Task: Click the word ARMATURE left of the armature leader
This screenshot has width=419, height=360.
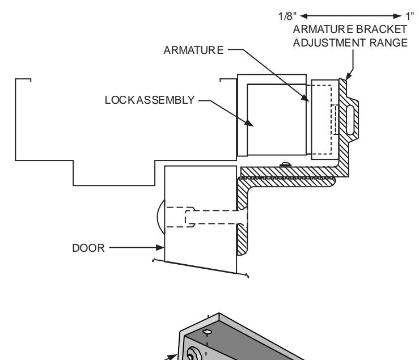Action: (x=193, y=50)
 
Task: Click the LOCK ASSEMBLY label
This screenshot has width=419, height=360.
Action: (x=150, y=100)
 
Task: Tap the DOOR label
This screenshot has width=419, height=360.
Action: (x=88, y=248)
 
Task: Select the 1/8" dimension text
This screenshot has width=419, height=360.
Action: (x=287, y=16)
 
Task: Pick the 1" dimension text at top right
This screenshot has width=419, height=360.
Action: (x=410, y=16)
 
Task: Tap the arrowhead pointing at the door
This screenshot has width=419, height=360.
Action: (x=159, y=248)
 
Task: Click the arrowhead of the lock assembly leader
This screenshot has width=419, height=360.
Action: (x=249, y=123)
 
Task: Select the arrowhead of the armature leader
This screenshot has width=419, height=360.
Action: (x=304, y=98)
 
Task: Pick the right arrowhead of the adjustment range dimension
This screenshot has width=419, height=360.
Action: (x=397, y=16)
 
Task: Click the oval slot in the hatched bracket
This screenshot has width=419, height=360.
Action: (x=350, y=120)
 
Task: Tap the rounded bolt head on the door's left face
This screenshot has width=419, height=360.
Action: (x=161, y=217)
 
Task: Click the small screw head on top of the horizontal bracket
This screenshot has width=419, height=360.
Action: (x=285, y=164)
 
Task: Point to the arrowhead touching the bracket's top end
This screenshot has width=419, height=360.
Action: (x=349, y=76)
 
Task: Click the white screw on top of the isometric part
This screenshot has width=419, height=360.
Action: (x=207, y=332)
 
